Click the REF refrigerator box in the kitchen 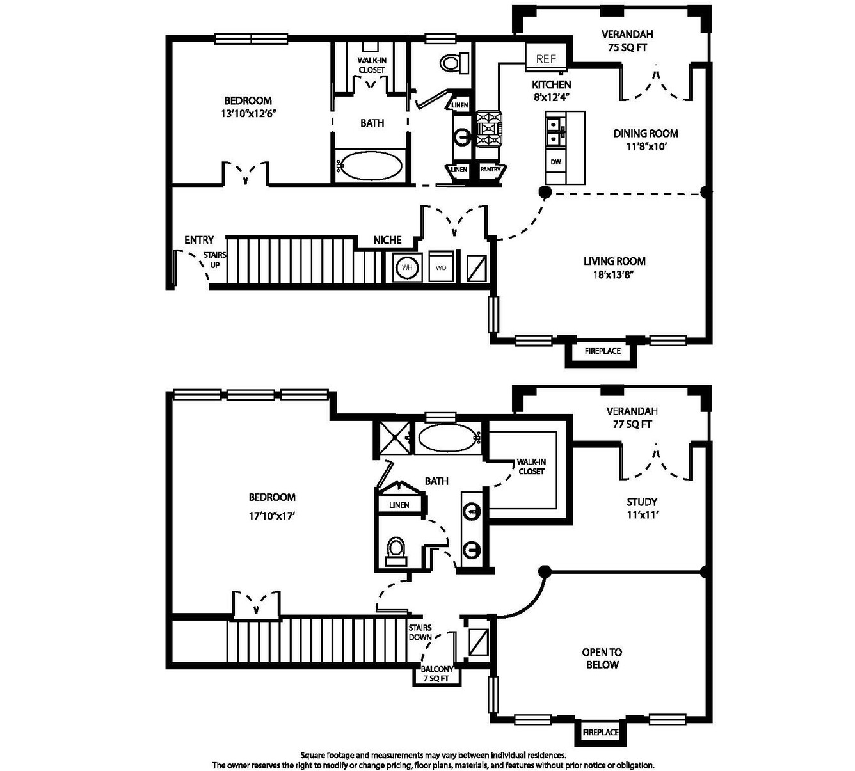click(547, 58)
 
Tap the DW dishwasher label click(555, 162)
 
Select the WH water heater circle click(407, 267)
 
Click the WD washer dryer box click(441, 267)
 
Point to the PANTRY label click(490, 169)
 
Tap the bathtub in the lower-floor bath click(369, 165)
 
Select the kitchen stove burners click(490, 129)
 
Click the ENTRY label click(199, 240)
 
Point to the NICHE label click(387, 240)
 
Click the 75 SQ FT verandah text click(627, 47)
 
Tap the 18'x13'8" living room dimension click(614, 275)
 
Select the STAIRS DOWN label click(420, 633)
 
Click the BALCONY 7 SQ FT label click(437, 674)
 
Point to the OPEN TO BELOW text click(602, 658)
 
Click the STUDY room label click(642, 502)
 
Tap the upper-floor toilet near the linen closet click(396, 552)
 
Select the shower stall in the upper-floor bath click(395, 437)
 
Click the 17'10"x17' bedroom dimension click(272, 516)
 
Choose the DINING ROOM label click(646, 133)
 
